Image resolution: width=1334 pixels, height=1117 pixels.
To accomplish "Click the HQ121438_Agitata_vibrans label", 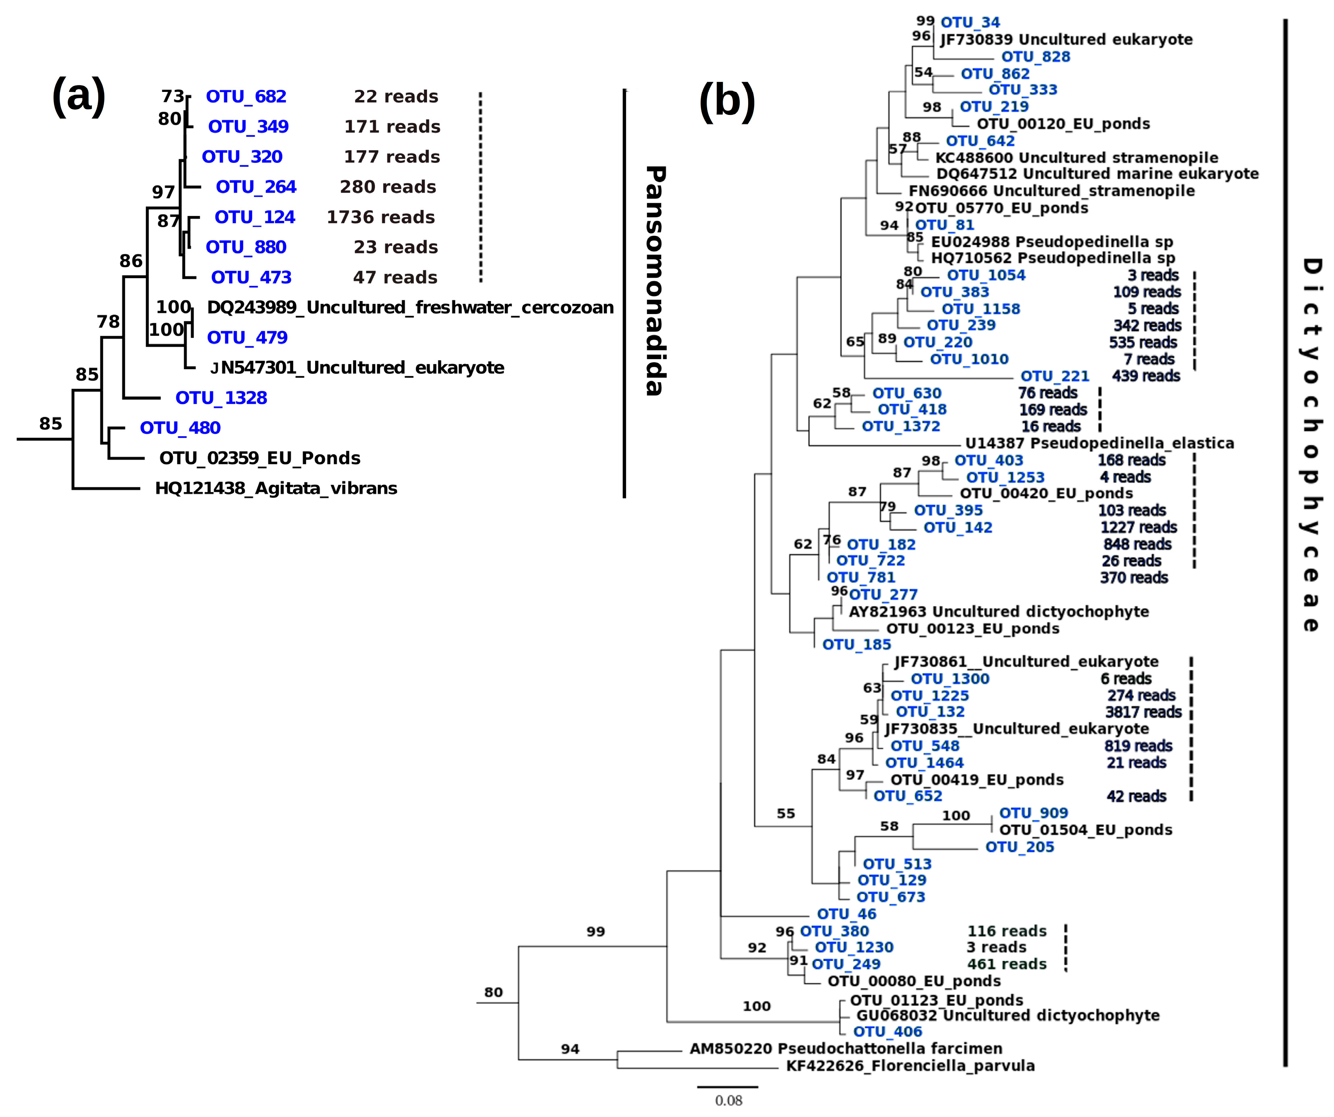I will pyautogui.click(x=276, y=489).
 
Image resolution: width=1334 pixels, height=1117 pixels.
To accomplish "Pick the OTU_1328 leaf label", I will pyautogui.click(x=221, y=398).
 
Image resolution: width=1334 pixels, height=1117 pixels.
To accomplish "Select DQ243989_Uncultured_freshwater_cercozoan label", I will pyautogui.click(x=411, y=308).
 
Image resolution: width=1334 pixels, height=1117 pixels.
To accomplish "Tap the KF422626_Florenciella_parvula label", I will pyautogui.click(x=910, y=1065).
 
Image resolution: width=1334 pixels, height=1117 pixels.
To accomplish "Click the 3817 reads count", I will pyautogui.click(x=1143, y=712).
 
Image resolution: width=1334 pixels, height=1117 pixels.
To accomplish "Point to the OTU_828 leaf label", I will pyautogui.click(x=1036, y=56).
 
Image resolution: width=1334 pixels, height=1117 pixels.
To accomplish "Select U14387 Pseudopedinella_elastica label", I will pyautogui.click(x=1100, y=443).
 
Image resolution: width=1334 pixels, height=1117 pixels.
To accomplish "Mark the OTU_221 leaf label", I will pyautogui.click(x=1055, y=376).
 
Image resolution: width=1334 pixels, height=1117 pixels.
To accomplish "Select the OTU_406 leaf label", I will pyautogui.click(x=888, y=1031).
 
